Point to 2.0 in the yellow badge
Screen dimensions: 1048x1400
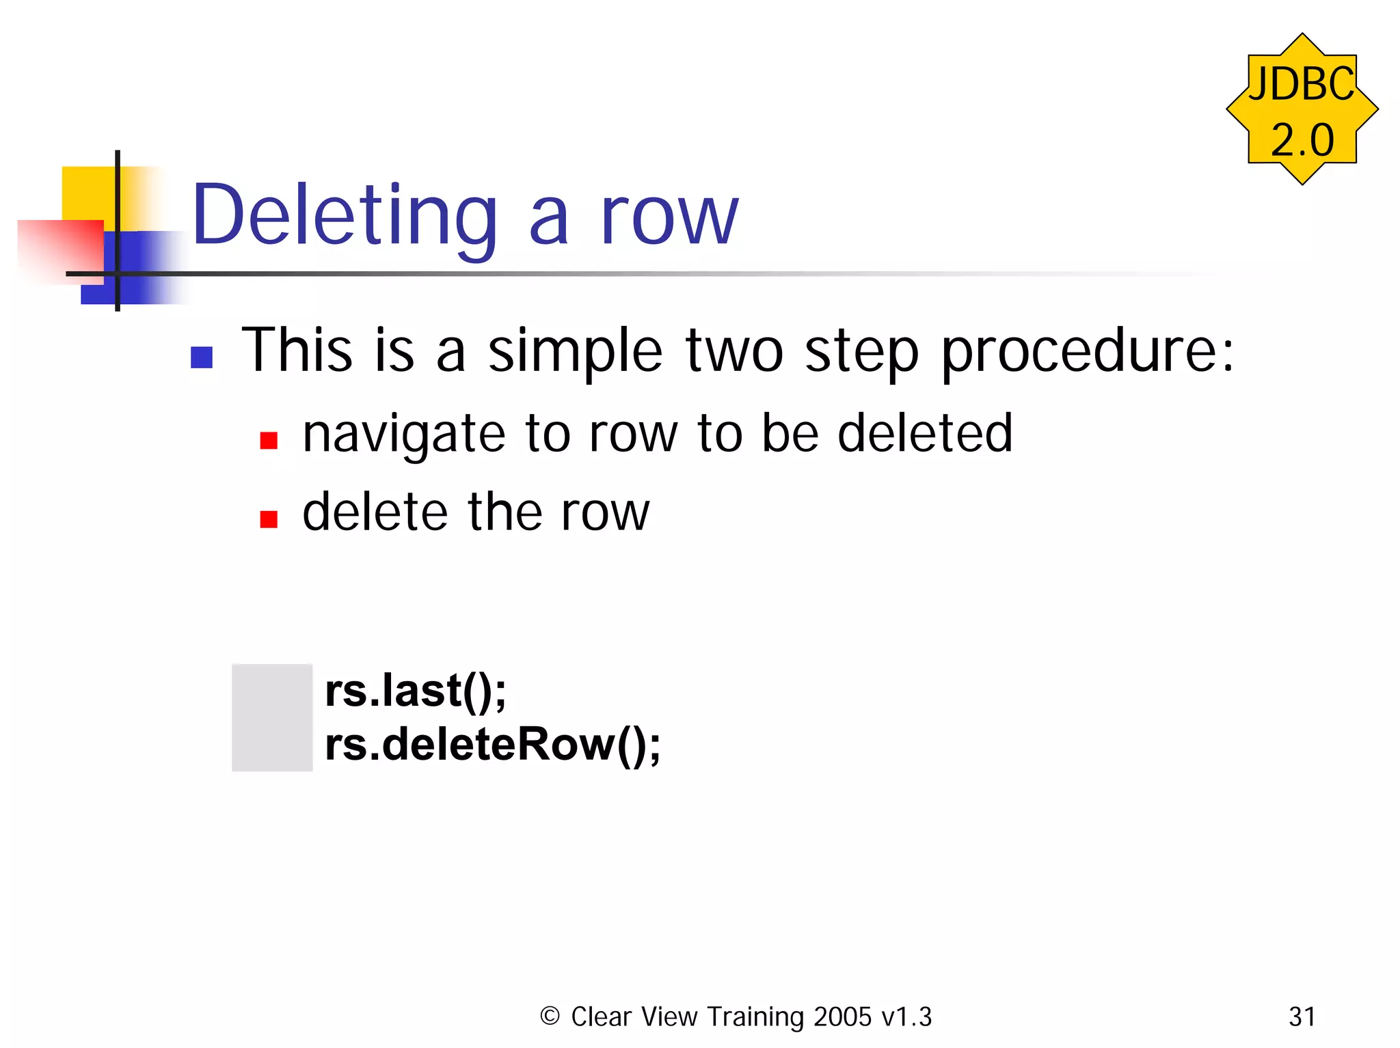1302,140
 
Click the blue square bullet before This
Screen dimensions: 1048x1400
202,357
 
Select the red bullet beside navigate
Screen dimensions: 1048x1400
269,441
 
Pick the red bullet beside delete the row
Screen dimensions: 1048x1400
269,519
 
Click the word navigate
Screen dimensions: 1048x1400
404,435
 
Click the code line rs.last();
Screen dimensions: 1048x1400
415,691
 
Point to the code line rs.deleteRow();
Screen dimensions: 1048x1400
492,745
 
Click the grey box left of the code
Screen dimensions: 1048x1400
272,717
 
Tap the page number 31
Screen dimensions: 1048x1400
1302,1017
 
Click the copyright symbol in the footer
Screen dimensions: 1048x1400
550,1016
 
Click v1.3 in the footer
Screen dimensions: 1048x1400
906,1017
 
